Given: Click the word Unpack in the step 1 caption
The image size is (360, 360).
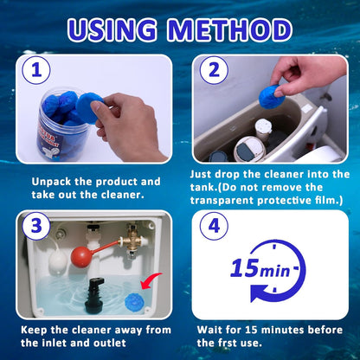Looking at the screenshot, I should coord(53,182).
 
